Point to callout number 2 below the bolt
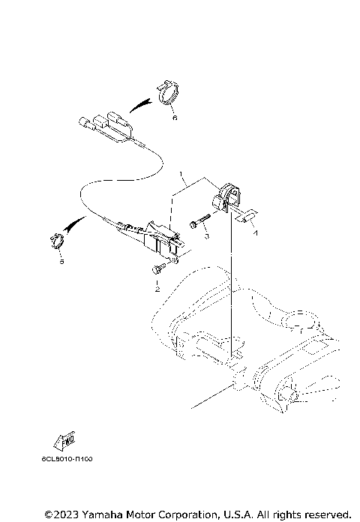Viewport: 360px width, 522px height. (x=157, y=289)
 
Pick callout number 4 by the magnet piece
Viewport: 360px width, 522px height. (x=254, y=233)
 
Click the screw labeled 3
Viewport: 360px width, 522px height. (x=196, y=222)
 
